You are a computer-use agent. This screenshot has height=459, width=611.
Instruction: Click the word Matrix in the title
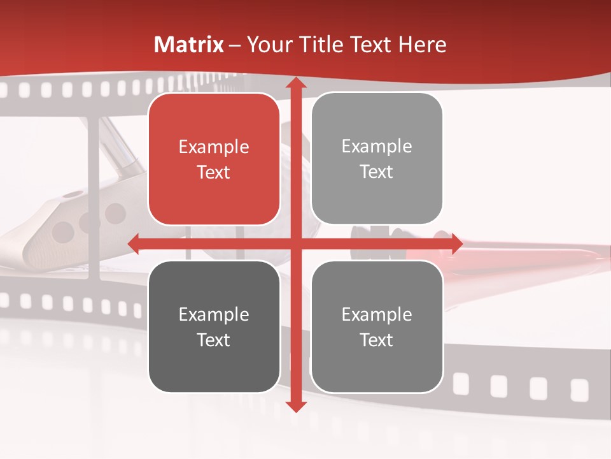189,45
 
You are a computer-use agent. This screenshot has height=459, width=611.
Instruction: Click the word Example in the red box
214,147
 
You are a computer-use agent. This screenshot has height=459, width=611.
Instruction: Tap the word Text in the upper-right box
377,172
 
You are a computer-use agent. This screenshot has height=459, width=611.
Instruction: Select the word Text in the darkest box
214,340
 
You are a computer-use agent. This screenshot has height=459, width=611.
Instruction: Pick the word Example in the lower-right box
377,314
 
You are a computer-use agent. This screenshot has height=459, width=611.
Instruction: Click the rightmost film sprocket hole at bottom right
579,389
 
